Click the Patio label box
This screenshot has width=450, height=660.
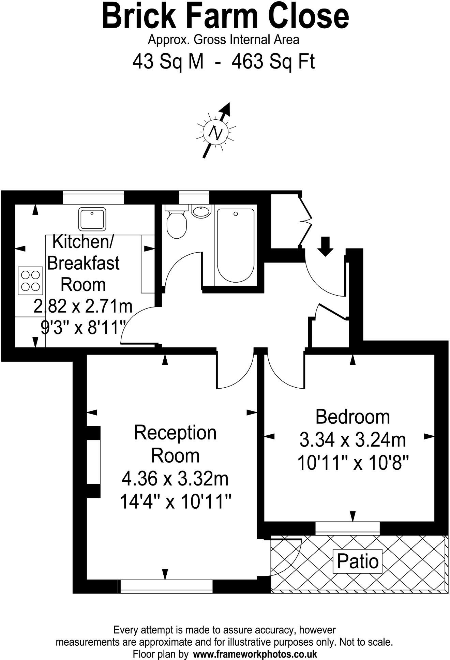point(358,561)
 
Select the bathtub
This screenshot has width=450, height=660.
point(236,245)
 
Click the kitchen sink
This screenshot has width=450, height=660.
point(92,219)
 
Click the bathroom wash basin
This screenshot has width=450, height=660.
point(201,211)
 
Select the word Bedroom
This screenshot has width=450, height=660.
point(352,417)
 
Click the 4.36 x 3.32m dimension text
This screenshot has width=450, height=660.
point(175,479)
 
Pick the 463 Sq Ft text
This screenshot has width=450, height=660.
point(273,62)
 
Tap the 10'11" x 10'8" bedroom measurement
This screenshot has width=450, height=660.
point(352,463)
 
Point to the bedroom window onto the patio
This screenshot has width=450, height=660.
point(347,528)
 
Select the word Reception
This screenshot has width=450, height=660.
point(175,433)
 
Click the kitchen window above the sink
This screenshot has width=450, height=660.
point(93,197)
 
